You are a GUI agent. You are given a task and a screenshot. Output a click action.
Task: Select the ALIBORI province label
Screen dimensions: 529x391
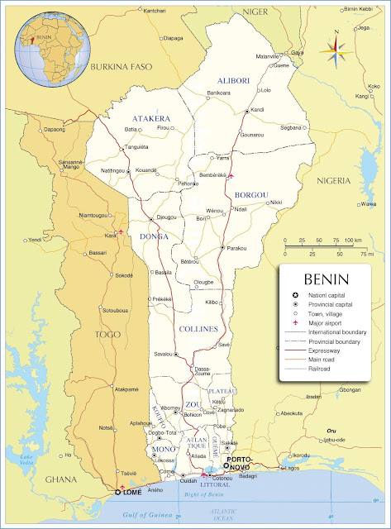point(233,80)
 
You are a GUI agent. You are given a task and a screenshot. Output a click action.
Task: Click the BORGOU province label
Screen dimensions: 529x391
point(252,194)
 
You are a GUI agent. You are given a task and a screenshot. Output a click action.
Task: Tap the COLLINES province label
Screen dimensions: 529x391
point(198,329)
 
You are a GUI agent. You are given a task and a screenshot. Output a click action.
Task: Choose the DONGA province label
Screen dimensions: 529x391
point(154,236)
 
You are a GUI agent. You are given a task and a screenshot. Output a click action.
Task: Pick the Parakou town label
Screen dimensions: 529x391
point(238,247)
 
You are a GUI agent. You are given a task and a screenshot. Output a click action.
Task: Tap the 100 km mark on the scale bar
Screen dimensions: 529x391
point(352,241)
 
